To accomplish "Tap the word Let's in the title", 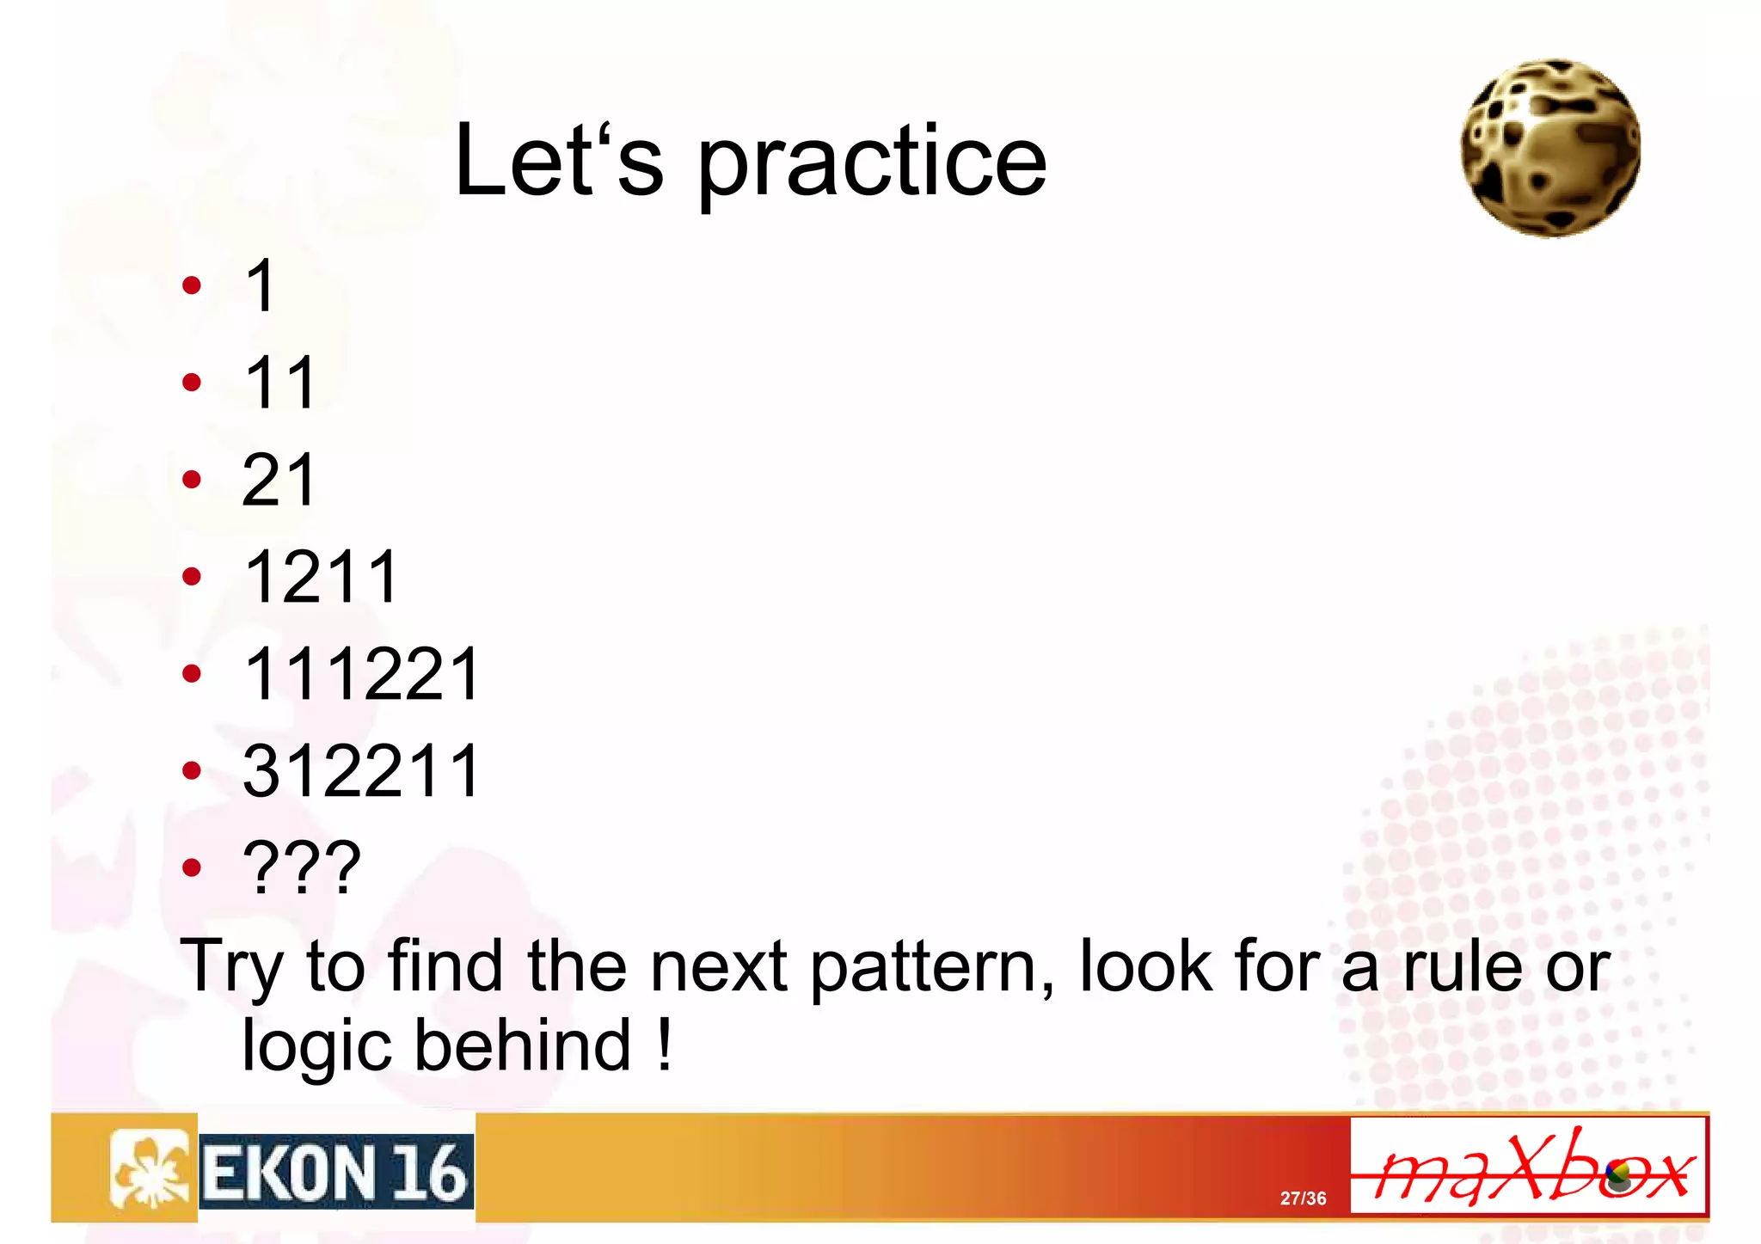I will tap(559, 162).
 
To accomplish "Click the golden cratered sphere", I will tap(1550, 148).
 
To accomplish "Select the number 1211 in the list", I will tap(322, 577).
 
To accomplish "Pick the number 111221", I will tap(362, 674).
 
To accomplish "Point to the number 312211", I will tap(362, 771).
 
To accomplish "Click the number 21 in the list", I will tap(280, 480).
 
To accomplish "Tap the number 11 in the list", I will tap(280, 383).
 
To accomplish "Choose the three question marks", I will tap(302, 867).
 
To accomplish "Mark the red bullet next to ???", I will tap(192, 867).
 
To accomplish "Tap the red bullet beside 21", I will tap(192, 480).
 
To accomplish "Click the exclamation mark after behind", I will tap(664, 1044).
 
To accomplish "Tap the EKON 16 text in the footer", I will tap(336, 1173).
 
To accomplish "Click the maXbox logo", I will tap(1529, 1167).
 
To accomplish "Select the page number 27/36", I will tap(1303, 1198).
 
